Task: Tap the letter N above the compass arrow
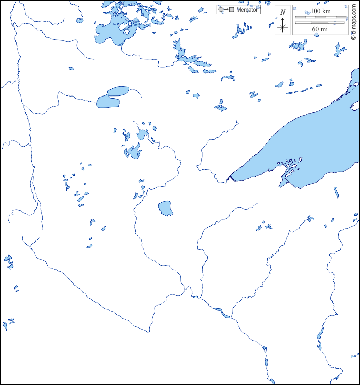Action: point(283,12)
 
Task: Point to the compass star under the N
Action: point(283,27)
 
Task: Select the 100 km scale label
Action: point(320,11)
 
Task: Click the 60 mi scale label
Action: point(320,29)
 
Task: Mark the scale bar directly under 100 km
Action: point(320,17)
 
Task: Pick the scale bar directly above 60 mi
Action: point(320,23)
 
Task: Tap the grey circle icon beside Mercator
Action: point(221,10)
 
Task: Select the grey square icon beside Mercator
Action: point(232,10)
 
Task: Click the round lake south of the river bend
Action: point(165,208)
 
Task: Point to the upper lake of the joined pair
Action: point(118,91)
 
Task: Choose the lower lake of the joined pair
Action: point(108,102)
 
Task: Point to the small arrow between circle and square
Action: point(226,10)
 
